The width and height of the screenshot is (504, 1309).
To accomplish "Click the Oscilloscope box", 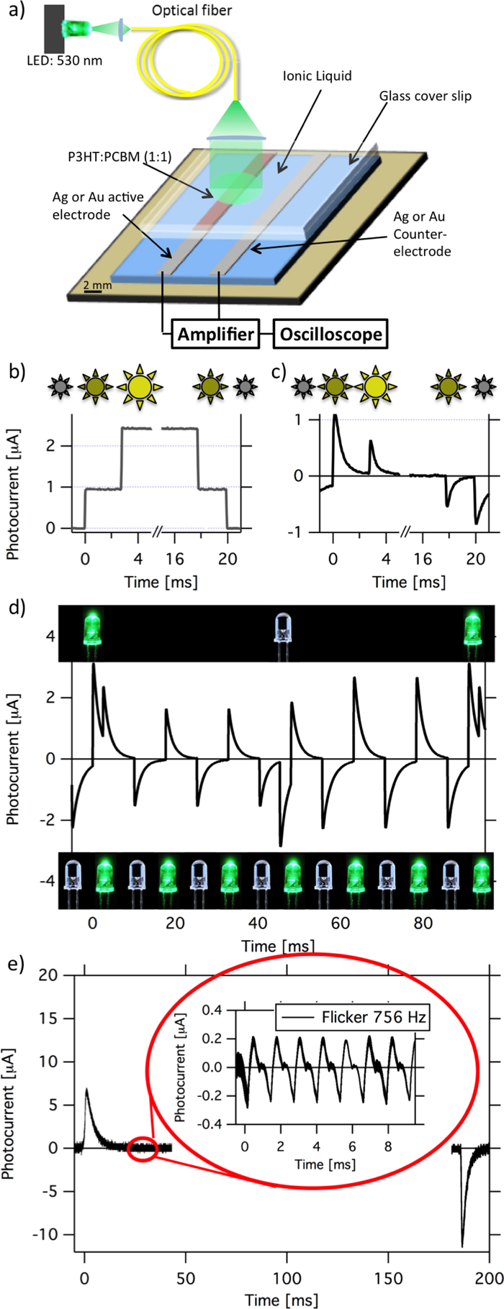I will pos(332,334).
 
